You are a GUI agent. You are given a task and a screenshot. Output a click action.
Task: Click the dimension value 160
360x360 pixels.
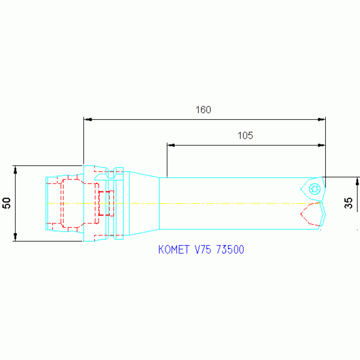(203, 110)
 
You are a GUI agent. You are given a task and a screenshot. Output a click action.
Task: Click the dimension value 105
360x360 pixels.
(245, 136)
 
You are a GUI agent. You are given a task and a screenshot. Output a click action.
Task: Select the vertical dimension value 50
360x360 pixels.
(7, 203)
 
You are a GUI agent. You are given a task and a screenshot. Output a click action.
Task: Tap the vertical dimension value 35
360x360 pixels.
(348, 203)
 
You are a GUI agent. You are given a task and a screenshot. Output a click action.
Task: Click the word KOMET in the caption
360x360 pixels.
(174, 250)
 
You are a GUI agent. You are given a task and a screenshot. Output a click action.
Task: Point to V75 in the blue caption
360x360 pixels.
(203, 250)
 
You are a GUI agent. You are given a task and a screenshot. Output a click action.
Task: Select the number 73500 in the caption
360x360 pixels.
(230, 250)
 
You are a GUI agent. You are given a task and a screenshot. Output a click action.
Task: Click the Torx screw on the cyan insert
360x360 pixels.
(314, 189)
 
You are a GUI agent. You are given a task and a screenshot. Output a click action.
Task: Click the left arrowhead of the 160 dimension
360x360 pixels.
(88, 119)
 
